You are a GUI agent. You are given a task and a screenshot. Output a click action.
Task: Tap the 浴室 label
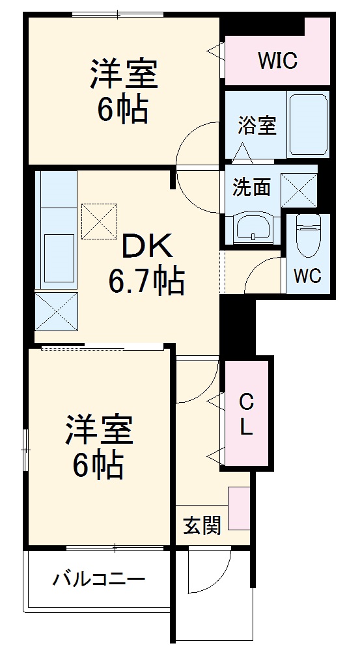(256, 124)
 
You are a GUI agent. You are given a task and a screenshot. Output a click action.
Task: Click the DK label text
(147, 248)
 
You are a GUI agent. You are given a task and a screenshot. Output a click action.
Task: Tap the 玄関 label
(201, 524)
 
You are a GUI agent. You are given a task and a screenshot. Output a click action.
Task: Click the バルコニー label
(99, 578)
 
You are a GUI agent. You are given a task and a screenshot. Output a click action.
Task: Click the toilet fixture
(307, 237)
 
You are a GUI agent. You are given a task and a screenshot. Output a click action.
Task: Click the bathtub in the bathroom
(308, 123)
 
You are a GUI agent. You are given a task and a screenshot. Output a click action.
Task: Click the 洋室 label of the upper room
(123, 74)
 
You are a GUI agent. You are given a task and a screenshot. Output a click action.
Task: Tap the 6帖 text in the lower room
(98, 465)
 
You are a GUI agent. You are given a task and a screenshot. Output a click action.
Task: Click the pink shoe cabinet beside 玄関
(239, 508)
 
